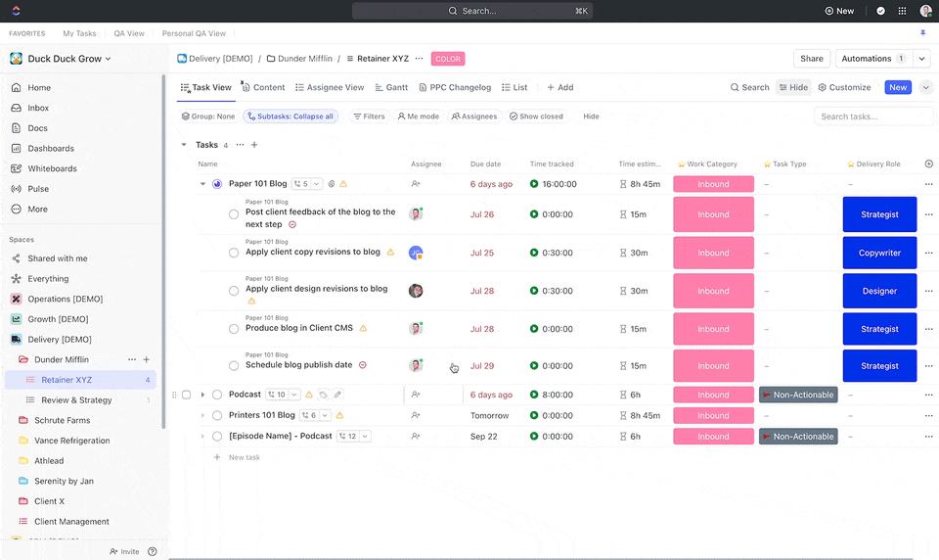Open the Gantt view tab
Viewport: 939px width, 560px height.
click(x=391, y=87)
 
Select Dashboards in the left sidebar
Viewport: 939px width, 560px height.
click(x=51, y=148)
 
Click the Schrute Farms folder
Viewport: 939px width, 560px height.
click(x=62, y=420)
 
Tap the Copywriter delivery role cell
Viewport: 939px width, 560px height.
click(x=879, y=253)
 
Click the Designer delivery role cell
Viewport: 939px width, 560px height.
click(x=879, y=291)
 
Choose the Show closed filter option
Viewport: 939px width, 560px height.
click(x=536, y=117)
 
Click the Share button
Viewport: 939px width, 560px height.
click(x=811, y=59)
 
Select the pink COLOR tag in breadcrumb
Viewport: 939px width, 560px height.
click(x=448, y=59)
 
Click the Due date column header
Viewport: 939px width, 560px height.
click(x=485, y=164)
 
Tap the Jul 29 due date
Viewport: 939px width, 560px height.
click(x=482, y=366)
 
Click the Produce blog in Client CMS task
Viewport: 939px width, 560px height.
click(x=298, y=328)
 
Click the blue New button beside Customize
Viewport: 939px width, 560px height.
click(x=897, y=87)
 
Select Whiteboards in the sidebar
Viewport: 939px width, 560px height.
click(x=52, y=168)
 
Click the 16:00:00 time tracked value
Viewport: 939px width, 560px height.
click(x=559, y=184)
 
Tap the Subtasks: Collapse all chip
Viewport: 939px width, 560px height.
click(x=291, y=117)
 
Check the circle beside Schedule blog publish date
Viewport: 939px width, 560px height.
click(x=234, y=366)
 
